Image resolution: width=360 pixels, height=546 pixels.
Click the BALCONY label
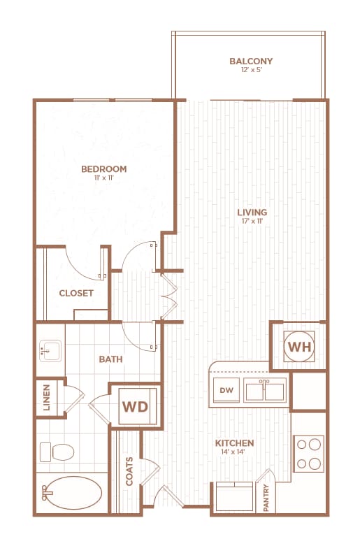click(251, 62)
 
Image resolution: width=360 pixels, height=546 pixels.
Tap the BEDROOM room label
click(103, 169)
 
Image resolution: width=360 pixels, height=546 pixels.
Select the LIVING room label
click(252, 213)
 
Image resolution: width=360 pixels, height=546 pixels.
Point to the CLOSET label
click(76, 293)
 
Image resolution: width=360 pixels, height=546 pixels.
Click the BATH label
click(110, 359)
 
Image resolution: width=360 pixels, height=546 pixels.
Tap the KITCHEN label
click(234, 443)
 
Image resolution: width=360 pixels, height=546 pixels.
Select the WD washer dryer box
click(136, 406)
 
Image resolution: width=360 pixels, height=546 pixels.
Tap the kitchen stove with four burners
click(308, 453)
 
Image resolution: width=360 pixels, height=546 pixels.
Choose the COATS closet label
click(129, 472)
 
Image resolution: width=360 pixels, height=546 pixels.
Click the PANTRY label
click(266, 499)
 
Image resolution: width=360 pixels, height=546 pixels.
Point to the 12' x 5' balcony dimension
click(251, 71)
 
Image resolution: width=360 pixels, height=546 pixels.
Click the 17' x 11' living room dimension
click(252, 222)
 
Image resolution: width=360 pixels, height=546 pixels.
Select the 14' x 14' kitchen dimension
click(234, 452)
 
